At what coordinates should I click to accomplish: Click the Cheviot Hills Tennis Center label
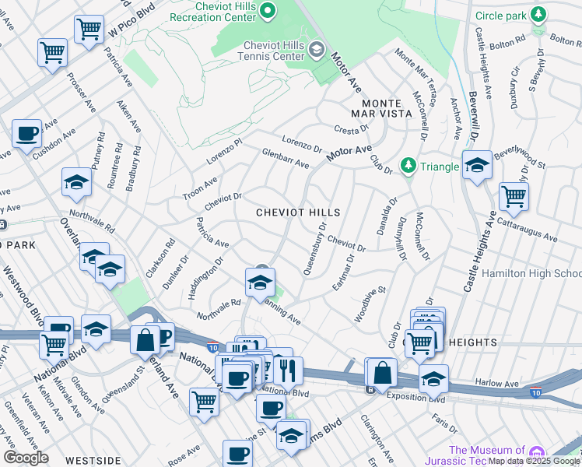click(265, 51)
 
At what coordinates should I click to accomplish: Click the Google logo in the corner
click(26, 457)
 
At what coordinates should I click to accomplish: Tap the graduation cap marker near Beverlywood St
click(477, 165)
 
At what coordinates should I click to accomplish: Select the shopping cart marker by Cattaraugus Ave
click(514, 197)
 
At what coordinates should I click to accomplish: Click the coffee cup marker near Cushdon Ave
click(27, 133)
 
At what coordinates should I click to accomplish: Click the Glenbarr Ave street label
click(286, 160)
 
